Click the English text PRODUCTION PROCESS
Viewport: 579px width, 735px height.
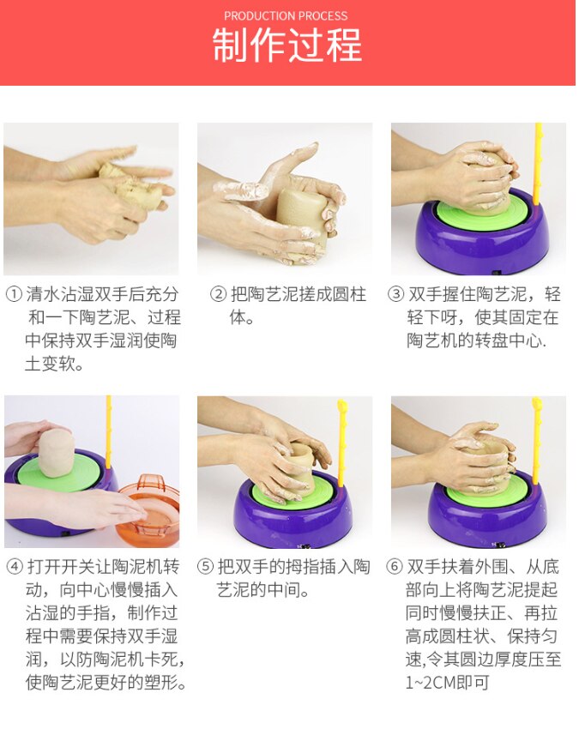(x=286, y=15)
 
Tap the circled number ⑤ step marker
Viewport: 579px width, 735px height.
(x=206, y=568)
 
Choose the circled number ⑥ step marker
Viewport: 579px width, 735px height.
(x=395, y=568)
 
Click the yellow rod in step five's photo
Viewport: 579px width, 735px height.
(x=342, y=437)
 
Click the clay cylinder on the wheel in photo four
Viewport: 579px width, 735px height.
(x=57, y=453)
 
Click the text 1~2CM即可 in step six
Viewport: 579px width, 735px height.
(x=449, y=684)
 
